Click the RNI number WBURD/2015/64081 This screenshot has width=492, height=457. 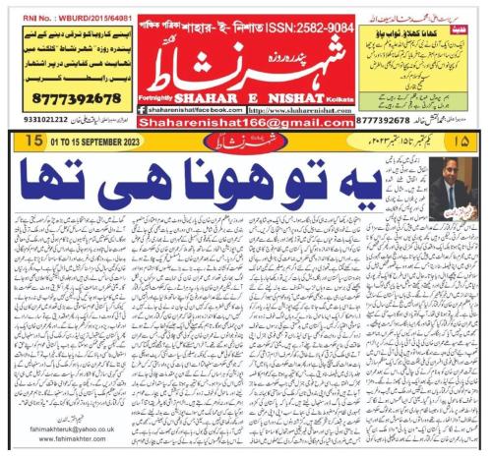[59, 17]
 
